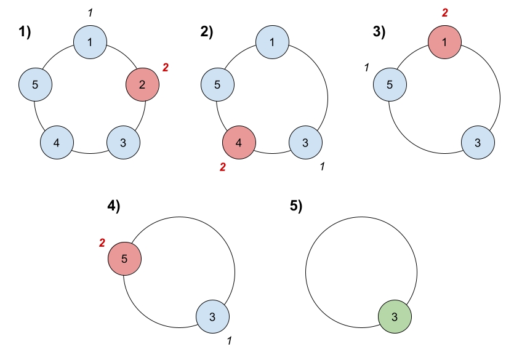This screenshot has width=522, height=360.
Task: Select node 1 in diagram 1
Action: tap(90, 42)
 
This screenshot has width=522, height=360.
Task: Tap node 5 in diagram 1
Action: tap(35, 85)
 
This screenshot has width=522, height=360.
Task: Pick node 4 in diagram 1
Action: tap(57, 143)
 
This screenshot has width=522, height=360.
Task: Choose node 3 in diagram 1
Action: tap(124, 143)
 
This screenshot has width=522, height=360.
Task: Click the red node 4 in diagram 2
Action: tap(239, 143)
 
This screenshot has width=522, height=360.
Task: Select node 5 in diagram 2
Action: tap(217, 85)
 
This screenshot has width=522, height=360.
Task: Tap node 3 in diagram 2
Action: tap(306, 143)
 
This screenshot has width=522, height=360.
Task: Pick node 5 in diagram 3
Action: tap(390, 85)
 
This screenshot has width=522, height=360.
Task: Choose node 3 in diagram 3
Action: tap(478, 143)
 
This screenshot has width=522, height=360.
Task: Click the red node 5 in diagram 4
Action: tap(125, 259)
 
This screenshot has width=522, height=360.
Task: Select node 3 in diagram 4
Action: tap(212, 318)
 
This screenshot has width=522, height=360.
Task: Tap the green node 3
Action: tap(395, 318)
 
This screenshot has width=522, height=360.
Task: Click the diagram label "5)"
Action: tap(296, 207)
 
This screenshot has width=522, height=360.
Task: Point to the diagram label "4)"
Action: tap(114, 207)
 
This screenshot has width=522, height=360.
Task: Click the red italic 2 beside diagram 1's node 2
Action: tap(165, 66)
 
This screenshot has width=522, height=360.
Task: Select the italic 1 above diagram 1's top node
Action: tap(90, 12)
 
